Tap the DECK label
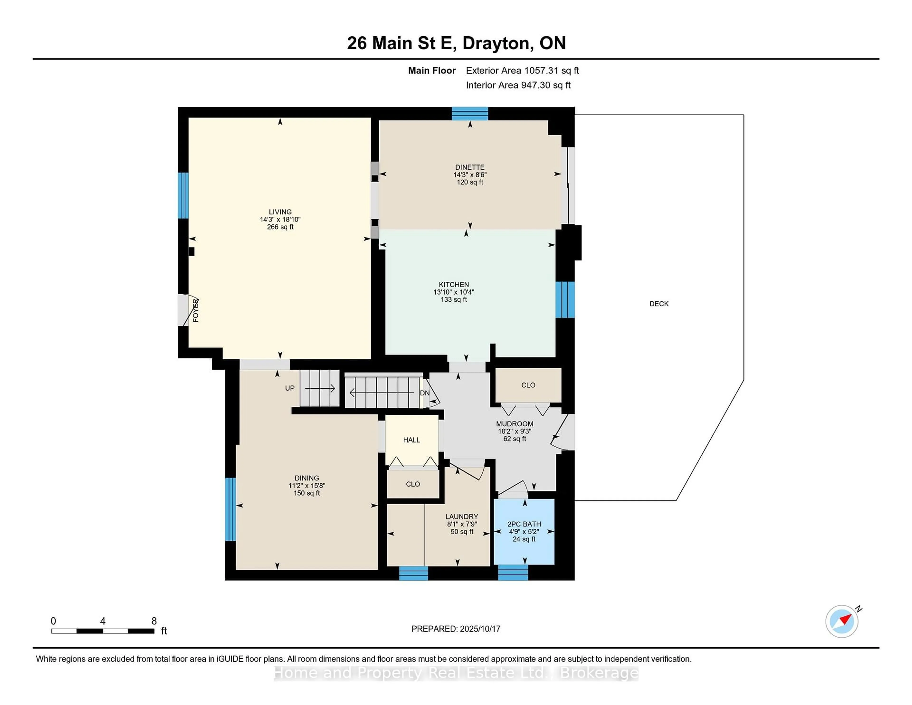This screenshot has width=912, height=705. coord(659,304)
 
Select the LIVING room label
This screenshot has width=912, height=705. coord(280,212)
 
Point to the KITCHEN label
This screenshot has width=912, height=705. coord(454,284)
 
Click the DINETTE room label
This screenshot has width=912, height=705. coord(470,167)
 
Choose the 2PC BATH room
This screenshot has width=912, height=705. coord(524,531)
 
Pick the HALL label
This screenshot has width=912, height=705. coord(412,440)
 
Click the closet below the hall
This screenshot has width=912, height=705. coord(413,484)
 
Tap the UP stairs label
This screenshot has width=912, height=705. coord(290,388)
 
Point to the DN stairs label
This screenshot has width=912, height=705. coord(425,393)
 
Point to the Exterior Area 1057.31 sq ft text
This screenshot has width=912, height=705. coord(522,71)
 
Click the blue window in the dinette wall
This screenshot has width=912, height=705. coord(470,114)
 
